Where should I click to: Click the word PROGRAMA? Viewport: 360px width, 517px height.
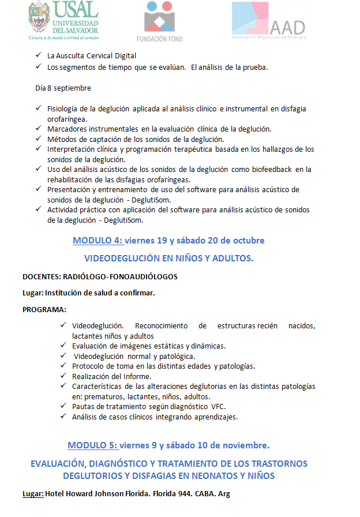coord(44,309)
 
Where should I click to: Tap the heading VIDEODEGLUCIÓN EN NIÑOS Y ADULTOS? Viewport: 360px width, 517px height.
coord(168,258)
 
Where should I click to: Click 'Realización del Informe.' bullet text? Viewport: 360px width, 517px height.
coord(111,376)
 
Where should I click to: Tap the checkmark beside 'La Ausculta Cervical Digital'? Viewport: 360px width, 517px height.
coord(38,56)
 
